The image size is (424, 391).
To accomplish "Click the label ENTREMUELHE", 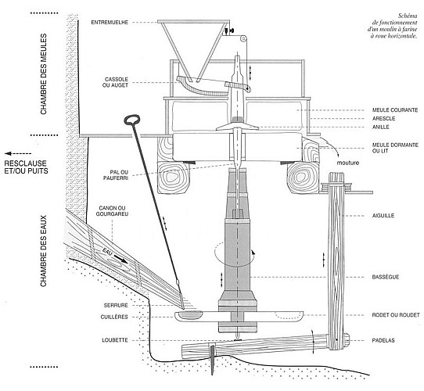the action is click(x=110, y=23).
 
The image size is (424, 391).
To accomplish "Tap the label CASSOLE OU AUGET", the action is click(x=117, y=82).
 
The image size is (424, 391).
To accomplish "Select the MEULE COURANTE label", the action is click(x=395, y=110).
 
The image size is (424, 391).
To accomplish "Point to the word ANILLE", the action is click(x=381, y=127).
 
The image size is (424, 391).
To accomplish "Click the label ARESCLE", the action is click(x=383, y=118).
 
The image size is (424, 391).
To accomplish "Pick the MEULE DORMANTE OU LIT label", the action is click(x=395, y=148).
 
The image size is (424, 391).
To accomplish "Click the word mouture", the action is click(x=348, y=163).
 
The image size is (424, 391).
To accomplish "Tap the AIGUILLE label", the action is click(x=383, y=216).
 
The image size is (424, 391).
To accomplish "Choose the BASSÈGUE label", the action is click(x=386, y=277).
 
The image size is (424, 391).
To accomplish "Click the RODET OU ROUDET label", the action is click(x=396, y=315).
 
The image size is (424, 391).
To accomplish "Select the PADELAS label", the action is click(x=383, y=340).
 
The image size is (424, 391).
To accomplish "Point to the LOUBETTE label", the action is click(x=115, y=340).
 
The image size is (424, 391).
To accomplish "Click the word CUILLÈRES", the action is click(x=114, y=317).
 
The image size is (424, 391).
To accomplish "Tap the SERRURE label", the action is click(x=116, y=305).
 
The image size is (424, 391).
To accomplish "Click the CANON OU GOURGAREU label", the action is click(x=112, y=211).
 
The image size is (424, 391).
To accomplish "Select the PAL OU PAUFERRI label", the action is click(x=116, y=175).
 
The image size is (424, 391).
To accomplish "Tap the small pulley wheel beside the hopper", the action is click(x=243, y=38).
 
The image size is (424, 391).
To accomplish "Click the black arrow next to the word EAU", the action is click(x=120, y=259).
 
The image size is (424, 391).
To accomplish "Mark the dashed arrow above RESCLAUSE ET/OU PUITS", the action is click(x=18, y=153).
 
